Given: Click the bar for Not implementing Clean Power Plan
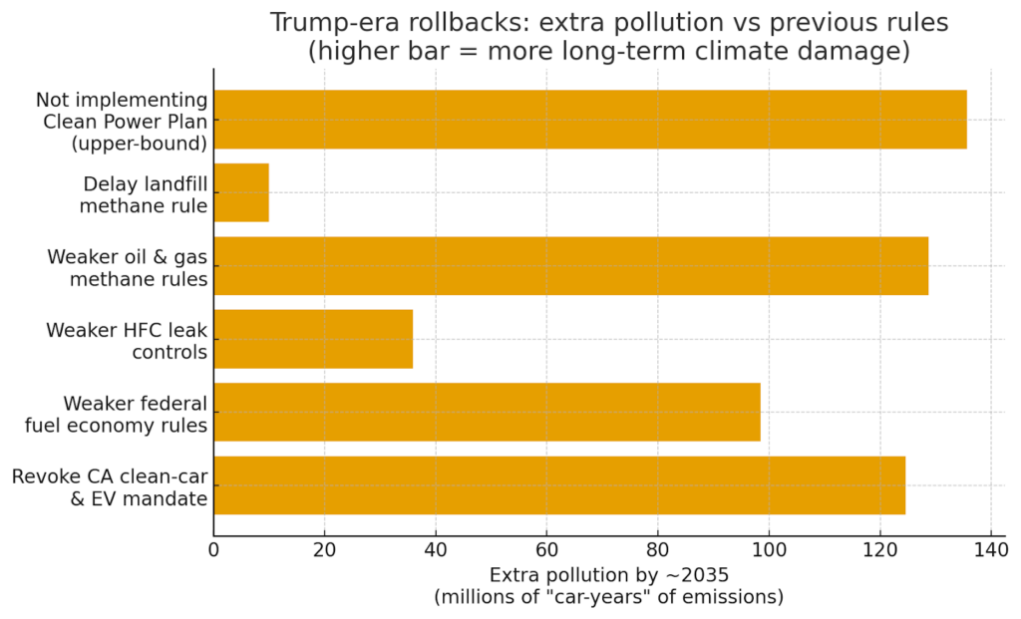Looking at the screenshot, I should coord(589,120).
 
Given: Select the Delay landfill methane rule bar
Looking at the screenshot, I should coord(241,193).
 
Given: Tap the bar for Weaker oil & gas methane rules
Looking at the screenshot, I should coord(570,266).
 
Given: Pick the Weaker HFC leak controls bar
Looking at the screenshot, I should coord(313,339).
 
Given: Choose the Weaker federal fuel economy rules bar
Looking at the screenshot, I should coord(487,412).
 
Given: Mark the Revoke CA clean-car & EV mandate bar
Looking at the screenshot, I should coord(559,485).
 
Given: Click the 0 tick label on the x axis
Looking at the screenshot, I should coord(213,548).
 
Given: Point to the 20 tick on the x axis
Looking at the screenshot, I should coord(324,548).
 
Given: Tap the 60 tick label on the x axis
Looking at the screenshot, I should coord(546,548).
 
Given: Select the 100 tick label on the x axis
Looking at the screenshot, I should coord(768,548).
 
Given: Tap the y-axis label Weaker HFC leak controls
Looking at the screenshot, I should coord(127,340).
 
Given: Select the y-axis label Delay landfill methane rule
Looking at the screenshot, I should coord(145,194).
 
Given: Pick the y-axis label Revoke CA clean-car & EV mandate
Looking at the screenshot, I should coord(110,486).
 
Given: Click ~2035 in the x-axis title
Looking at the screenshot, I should coord(694,575).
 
